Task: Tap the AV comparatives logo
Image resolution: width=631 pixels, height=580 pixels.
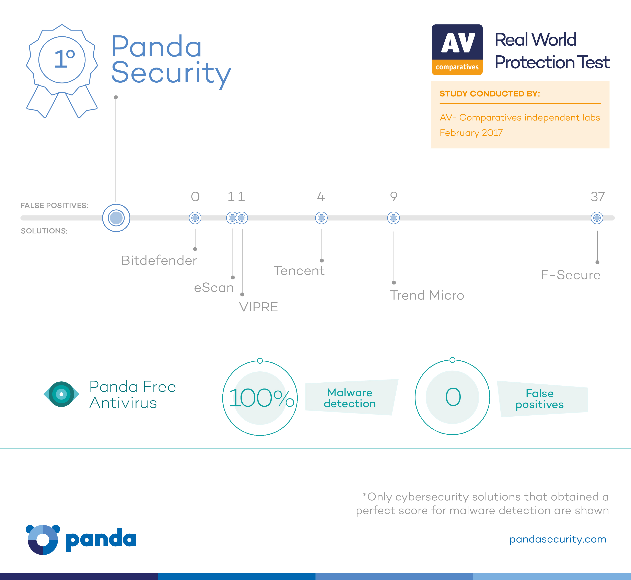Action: pyautogui.click(x=457, y=50)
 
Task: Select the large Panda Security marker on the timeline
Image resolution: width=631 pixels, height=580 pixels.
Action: pyautogui.click(x=116, y=218)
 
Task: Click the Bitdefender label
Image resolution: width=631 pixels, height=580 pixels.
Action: pyautogui.click(x=159, y=260)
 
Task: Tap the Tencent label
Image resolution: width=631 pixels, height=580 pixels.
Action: pyautogui.click(x=299, y=270)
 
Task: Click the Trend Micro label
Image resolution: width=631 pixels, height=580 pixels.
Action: pyautogui.click(x=427, y=295)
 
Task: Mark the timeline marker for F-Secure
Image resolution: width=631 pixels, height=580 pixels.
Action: pyautogui.click(x=597, y=218)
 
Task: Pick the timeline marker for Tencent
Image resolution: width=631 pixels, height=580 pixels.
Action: pyautogui.click(x=321, y=218)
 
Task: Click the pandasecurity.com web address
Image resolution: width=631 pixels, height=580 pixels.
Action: pyautogui.click(x=558, y=539)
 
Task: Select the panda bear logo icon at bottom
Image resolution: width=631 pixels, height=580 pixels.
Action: pyautogui.click(x=43, y=539)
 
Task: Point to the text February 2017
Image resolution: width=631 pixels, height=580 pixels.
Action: pyautogui.click(x=471, y=133)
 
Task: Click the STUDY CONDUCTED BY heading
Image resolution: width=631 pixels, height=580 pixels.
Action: pyautogui.click(x=490, y=94)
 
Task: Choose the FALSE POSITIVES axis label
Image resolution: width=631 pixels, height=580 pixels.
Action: pyautogui.click(x=54, y=206)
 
